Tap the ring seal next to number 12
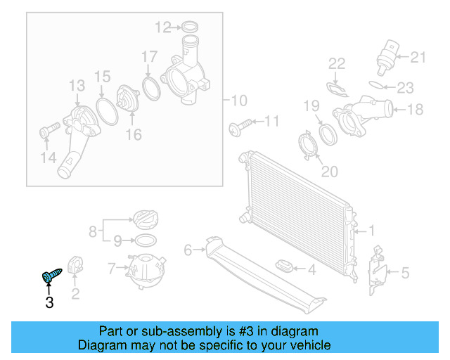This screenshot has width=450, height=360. click(189, 28)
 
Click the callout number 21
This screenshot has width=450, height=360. click(418, 57)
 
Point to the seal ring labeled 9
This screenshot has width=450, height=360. click(145, 240)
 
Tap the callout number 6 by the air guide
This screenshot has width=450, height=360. click(188, 250)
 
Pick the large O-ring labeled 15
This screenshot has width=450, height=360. click(105, 111)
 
